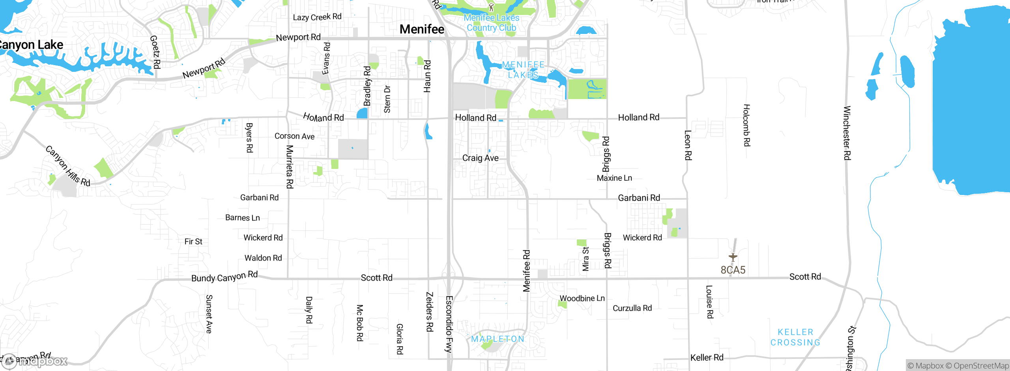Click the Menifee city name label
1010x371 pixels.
click(x=422, y=29)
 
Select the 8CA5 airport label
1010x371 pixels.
click(x=733, y=270)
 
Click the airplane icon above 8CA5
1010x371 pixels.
click(x=733, y=257)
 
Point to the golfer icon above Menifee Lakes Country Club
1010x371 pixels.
click(x=491, y=7)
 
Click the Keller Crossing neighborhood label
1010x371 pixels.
click(x=795, y=337)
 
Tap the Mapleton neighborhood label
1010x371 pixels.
click(x=498, y=339)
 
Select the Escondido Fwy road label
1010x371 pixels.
click(x=449, y=324)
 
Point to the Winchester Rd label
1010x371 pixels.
click(x=847, y=133)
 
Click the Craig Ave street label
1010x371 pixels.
click(x=480, y=158)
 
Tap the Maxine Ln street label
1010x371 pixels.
click(x=614, y=178)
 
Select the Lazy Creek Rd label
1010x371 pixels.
click(x=317, y=17)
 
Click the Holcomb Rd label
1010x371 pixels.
click(x=746, y=125)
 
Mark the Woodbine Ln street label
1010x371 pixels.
click(x=582, y=298)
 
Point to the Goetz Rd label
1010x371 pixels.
click(x=155, y=52)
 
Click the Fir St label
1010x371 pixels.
click(x=193, y=242)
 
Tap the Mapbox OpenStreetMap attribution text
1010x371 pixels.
click(x=958, y=366)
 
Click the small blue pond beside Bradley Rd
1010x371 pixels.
click(x=362, y=113)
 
